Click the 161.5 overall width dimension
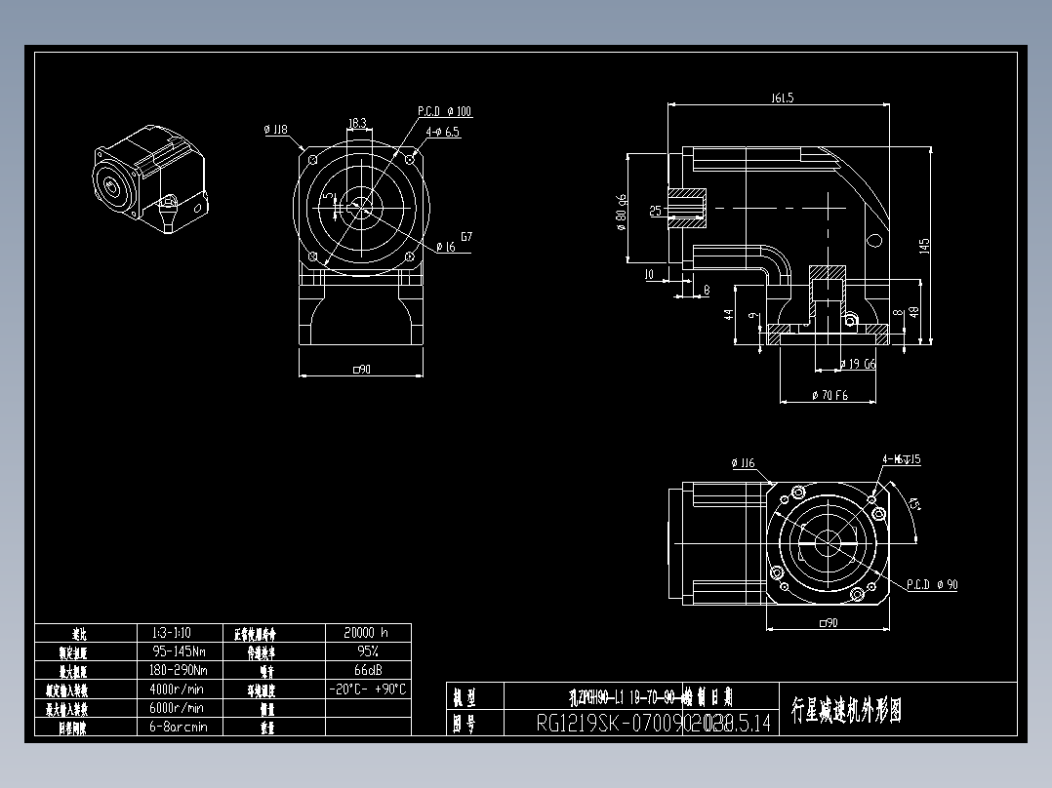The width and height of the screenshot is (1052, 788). point(783,98)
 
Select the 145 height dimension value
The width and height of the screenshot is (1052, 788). point(924,248)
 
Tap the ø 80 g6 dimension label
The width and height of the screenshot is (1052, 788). point(621,212)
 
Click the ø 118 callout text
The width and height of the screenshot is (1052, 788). point(275,129)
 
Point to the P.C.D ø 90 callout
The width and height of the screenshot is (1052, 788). point(932,585)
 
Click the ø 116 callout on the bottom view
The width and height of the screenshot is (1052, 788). point(743,462)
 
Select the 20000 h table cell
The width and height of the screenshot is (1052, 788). point(368,633)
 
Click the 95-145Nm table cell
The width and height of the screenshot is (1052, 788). point(180,651)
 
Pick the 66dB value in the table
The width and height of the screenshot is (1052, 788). point(368,670)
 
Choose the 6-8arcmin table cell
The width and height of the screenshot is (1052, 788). point(180,727)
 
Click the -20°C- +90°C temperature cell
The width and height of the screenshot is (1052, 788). point(368,689)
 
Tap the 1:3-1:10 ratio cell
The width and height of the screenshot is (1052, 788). point(180,633)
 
